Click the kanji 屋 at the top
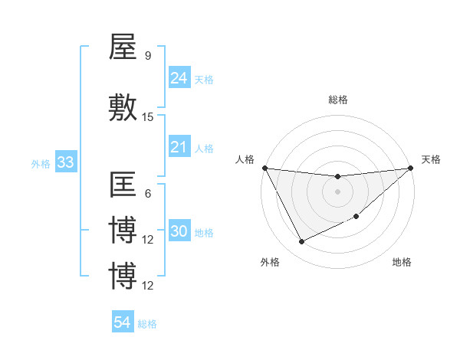click(123, 47)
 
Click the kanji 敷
click(123, 108)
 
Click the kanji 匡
click(123, 186)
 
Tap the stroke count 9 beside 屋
click(147, 55)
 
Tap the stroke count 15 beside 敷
click(148, 117)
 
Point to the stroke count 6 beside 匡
click(147, 194)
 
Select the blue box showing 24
click(179, 77)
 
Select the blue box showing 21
click(179, 147)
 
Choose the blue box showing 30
click(179, 232)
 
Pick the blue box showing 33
click(65, 162)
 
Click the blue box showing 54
click(122, 322)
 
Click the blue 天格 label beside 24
click(204, 79)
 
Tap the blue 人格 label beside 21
click(204, 149)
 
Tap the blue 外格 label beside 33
click(41, 164)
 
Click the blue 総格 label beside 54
click(147, 324)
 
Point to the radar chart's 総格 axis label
click(337, 100)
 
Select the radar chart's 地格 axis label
click(402, 262)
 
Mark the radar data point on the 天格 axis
click(411, 168)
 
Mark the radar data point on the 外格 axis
click(301, 242)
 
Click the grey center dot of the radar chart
click(337, 192)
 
